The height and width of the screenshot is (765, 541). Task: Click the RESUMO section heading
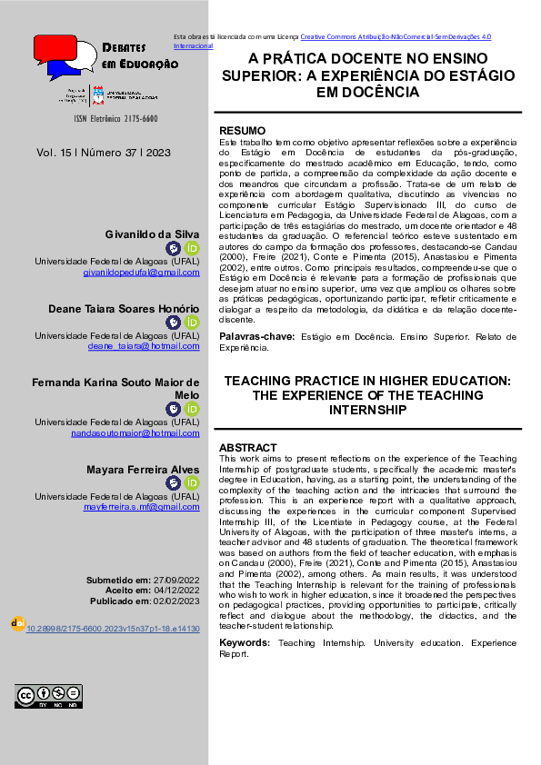[x=242, y=131]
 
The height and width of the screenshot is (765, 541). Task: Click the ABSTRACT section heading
[x=247, y=448]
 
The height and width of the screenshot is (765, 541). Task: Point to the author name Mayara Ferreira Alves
[x=143, y=470]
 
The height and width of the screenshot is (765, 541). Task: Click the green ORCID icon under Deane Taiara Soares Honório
[x=192, y=323]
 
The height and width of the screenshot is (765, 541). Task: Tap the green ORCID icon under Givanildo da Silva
[x=192, y=248]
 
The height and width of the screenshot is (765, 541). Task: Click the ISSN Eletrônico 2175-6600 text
[x=109, y=119]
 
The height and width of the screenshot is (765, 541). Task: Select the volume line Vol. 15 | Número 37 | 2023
[x=104, y=153]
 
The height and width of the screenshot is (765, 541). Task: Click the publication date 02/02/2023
[x=176, y=601]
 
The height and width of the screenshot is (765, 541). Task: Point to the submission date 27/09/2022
[x=176, y=579]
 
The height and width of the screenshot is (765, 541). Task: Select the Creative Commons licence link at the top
[x=396, y=36]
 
